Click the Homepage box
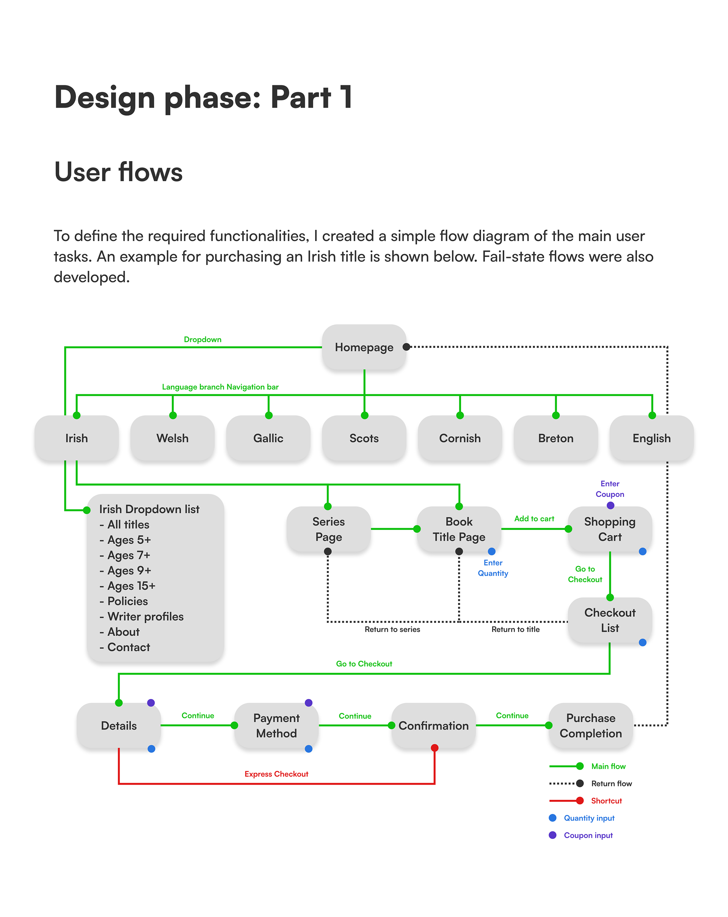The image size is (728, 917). tap(364, 347)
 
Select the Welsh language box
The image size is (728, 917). tap(172, 438)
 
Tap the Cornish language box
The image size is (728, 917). tap(460, 438)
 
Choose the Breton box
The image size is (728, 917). tap(555, 438)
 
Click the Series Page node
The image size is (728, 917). tap(328, 529)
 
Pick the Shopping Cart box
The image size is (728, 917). tap(609, 529)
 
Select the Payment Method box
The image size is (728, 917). tap(276, 725)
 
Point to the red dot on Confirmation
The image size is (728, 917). tap(435, 748)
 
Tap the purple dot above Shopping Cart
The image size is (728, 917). tap(610, 505)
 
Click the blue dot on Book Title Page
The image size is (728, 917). tap(491, 551)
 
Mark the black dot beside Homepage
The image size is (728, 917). tap(406, 346)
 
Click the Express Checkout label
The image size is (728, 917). tap(276, 774)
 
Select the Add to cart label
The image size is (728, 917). tap(534, 519)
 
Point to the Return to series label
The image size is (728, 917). tap(392, 629)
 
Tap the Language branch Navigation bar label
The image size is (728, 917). tap(220, 387)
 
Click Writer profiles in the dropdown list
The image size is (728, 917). tap(145, 616)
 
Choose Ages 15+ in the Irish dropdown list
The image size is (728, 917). tap(131, 586)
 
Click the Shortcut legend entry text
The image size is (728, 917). tap(606, 801)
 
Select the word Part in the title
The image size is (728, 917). tap(300, 97)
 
